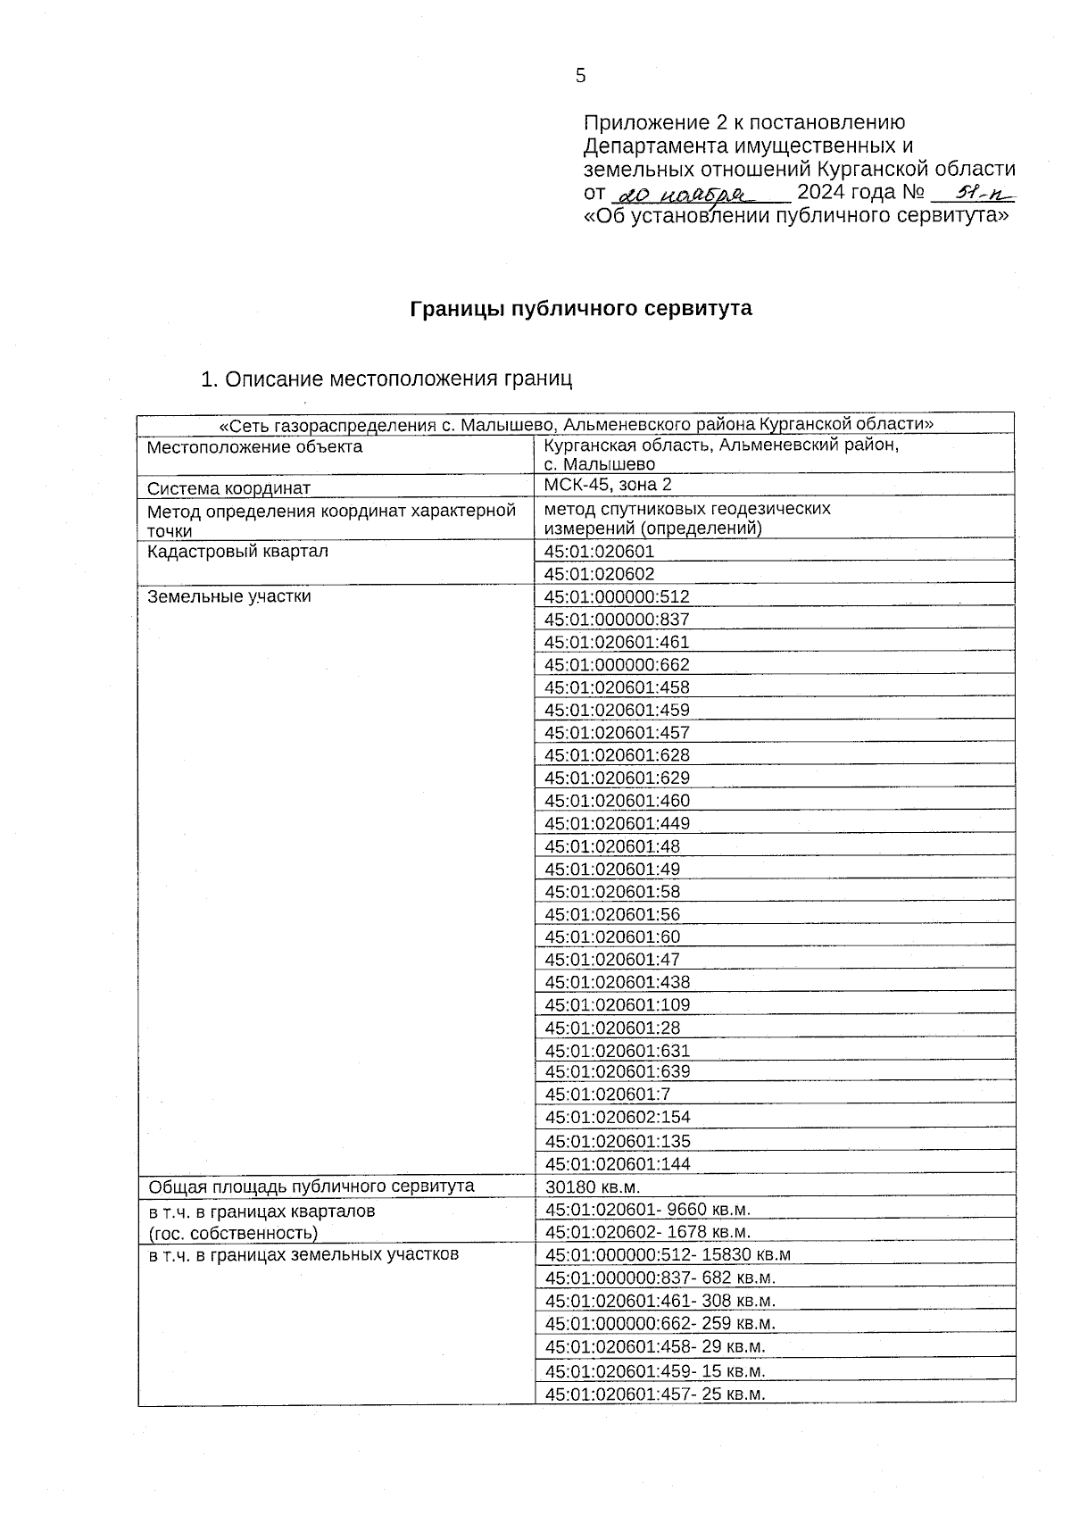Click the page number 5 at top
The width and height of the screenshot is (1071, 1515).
coord(581,76)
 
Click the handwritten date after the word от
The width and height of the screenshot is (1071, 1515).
coord(697,194)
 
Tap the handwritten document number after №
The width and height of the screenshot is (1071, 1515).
coord(972,192)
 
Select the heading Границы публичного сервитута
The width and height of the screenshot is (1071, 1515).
coord(581,309)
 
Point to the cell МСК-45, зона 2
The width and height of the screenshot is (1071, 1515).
coord(608,485)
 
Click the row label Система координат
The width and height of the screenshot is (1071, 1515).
coord(228,488)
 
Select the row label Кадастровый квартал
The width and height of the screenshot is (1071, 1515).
coord(237,552)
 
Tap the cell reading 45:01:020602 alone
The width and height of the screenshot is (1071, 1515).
coord(599,574)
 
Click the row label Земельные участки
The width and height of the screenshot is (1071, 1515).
coord(228,596)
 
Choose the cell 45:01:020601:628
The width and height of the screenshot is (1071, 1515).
coord(617,755)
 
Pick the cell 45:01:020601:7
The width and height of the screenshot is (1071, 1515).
coord(607,1095)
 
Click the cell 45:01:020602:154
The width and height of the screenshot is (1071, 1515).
coord(617,1118)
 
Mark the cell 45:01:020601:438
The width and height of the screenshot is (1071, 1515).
coord(617,982)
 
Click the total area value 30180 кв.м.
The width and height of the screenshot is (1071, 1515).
coord(593,1187)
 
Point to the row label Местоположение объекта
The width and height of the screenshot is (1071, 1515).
coord(254,447)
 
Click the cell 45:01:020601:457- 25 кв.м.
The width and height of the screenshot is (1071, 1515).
coord(656,1394)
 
